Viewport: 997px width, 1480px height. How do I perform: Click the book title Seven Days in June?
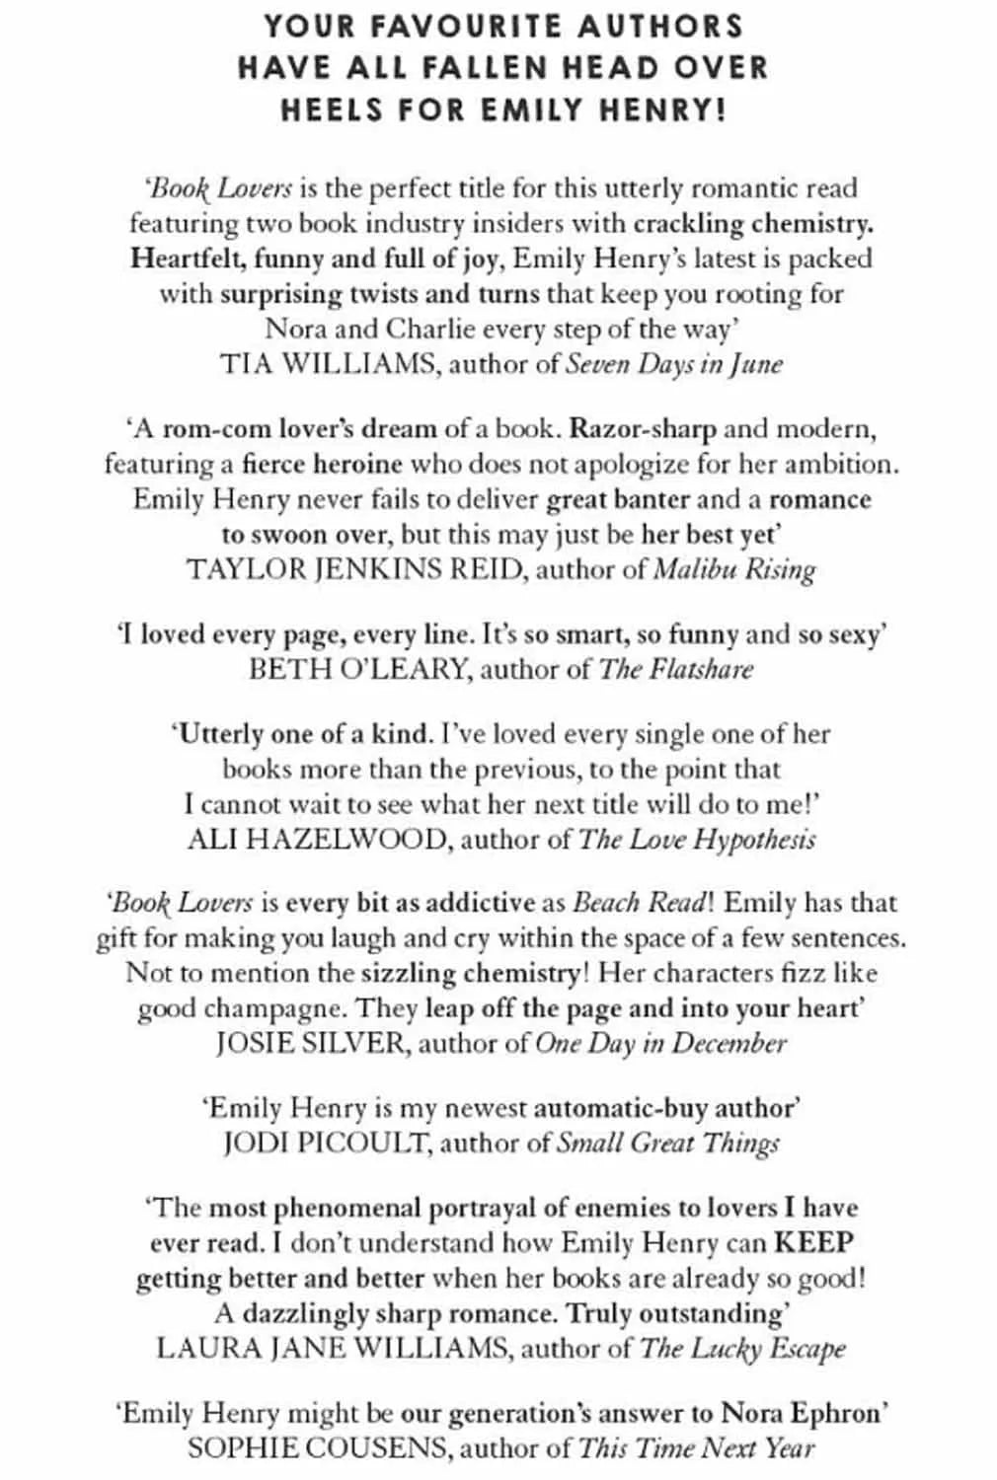(x=674, y=364)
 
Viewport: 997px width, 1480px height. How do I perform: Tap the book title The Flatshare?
(x=676, y=669)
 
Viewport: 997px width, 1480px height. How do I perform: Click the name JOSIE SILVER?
(x=310, y=1044)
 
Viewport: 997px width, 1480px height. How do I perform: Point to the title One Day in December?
(x=661, y=1044)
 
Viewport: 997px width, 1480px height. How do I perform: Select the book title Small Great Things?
(x=668, y=1144)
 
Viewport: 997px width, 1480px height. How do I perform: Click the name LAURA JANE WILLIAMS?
(x=332, y=1349)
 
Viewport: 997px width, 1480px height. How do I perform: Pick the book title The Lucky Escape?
(x=743, y=1349)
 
